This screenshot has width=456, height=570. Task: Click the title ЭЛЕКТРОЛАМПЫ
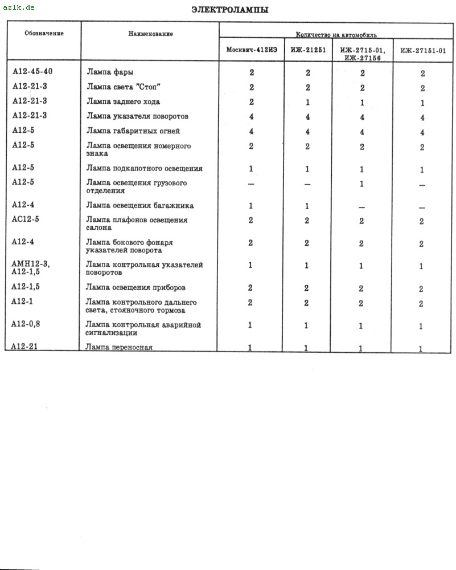[230, 10]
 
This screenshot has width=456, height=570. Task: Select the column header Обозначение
[44, 33]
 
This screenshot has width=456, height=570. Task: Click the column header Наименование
[150, 34]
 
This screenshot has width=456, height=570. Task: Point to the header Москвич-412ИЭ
[252, 50]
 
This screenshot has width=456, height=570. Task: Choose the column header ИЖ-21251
[308, 50]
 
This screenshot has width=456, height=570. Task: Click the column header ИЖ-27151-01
[422, 50]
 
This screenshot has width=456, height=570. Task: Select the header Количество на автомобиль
[336, 35]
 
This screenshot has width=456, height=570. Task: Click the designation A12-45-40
[32, 72]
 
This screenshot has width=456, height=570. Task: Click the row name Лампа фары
[110, 72]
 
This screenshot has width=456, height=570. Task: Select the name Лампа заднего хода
[123, 102]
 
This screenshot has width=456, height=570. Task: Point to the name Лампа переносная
[119, 347]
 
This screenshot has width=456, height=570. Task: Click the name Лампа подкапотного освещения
[144, 169]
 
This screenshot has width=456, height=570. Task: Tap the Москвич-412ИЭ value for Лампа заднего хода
[251, 102]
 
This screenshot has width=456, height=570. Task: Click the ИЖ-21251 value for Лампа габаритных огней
[307, 132]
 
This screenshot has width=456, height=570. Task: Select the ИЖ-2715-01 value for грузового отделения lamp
[361, 184]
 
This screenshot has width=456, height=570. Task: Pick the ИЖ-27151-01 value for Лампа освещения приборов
[421, 288]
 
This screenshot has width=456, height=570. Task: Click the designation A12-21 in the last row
[24, 346]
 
